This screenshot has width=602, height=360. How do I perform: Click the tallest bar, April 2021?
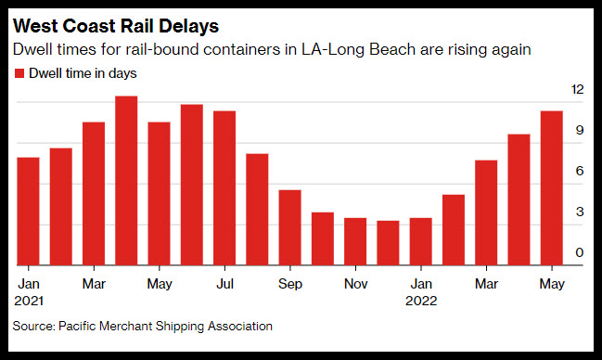126,181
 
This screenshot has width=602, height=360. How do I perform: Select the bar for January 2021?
29,212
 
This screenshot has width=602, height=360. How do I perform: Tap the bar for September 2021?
289,227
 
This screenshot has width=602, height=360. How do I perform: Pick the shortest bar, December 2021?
388,243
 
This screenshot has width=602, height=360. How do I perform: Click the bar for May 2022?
552,188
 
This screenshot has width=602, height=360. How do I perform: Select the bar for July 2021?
224,188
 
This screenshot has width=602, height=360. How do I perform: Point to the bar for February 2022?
454,230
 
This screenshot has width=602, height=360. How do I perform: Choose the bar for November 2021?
355,241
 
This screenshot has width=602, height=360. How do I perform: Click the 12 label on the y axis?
578,89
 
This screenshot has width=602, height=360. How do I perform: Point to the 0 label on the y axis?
580,252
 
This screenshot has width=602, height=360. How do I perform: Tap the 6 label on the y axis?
580,171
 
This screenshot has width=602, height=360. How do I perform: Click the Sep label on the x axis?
290,284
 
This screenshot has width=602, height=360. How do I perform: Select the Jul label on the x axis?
225,284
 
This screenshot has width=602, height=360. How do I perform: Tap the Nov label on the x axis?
355,284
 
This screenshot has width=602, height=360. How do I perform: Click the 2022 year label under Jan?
421,301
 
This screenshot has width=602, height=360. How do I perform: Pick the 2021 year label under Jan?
29,301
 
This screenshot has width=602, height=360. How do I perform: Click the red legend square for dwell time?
19,73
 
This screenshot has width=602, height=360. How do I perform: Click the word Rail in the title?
136,26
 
